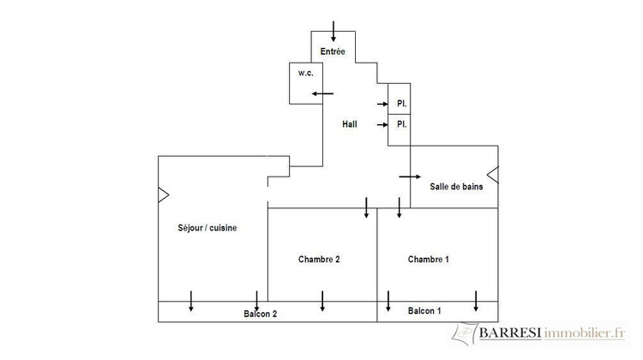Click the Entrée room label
pos(333,51)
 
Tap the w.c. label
pos(305,73)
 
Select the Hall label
pos(350,123)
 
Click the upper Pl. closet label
pos(402,104)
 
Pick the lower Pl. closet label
pos(402,123)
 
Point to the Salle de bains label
pos(456,187)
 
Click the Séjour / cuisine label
pos(207,228)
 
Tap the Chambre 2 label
pos(319,259)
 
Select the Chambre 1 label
pos(429,259)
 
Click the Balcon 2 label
pos(261,314)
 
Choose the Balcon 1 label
pos(424,311)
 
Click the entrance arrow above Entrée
pos(334,31)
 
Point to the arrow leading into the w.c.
pos(322,94)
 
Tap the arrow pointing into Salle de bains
pos(410,177)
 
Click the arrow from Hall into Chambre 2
pos(366,207)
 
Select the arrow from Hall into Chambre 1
pos(399,207)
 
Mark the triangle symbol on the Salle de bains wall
pos(492,175)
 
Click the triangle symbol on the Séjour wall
pos(163,195)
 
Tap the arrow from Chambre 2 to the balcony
pos(322,301)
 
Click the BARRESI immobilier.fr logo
pos(539,333)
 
